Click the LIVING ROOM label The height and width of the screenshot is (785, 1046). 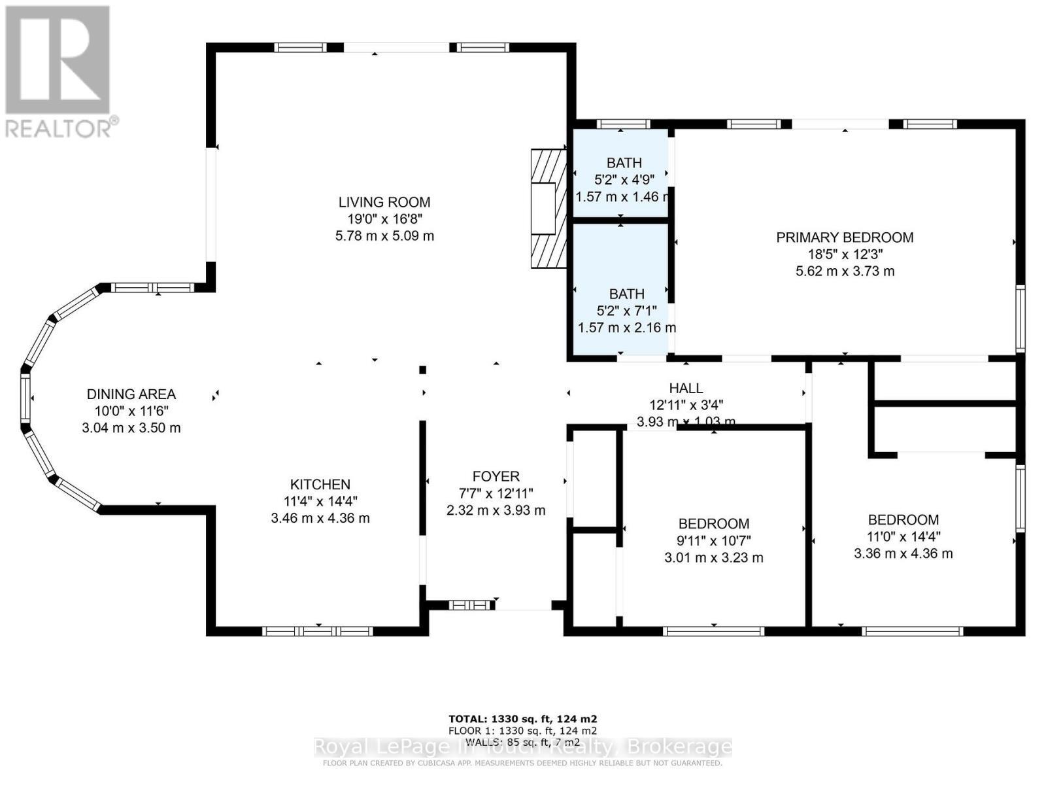(384, 202)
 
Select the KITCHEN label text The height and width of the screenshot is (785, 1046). (320, 485)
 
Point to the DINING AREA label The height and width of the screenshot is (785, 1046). (131, 394)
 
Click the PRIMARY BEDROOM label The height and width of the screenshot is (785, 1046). (845, 237)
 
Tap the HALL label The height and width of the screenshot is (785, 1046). (686, 389)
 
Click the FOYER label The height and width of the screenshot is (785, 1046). (496, 477)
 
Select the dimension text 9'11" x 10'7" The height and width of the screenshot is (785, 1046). (714, 541)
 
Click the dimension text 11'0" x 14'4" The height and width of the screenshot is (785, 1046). (903, 537)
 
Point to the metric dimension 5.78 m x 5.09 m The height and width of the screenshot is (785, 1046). (384, 236)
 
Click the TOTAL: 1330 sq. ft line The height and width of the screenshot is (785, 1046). (522, 718)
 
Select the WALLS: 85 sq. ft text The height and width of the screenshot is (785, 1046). (522, 742)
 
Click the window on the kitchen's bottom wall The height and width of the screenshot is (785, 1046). (318, 631)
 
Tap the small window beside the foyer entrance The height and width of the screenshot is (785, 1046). (470, 606)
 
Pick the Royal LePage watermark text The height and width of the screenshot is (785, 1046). (522, 747)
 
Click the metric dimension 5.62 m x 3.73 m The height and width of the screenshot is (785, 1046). (845, 271)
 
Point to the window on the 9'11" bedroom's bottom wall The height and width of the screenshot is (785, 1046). (713, 631)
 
